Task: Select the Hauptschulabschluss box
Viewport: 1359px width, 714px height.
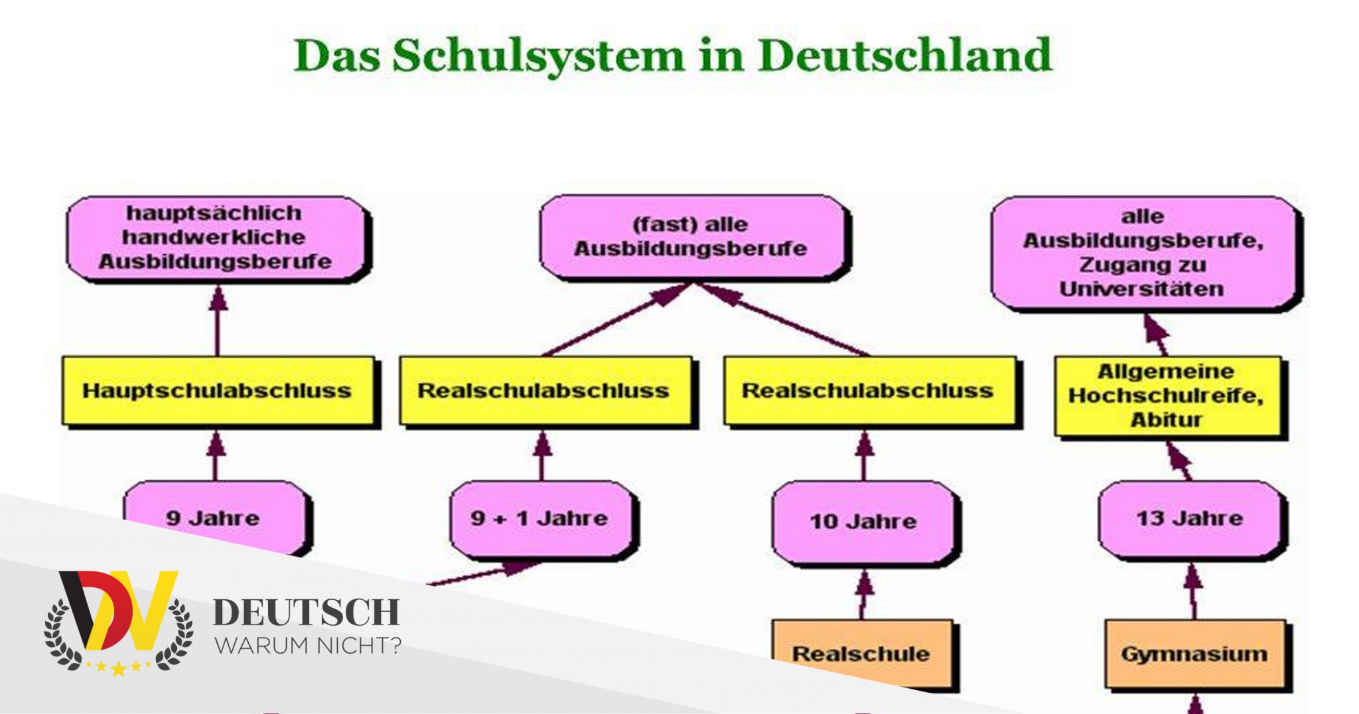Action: tap(218, 391)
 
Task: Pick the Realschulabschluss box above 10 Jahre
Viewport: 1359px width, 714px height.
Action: tap(869, 391)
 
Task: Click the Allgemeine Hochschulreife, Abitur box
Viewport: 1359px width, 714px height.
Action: tap(1168, 396)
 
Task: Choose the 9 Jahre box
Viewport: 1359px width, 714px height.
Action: tap(216, 518)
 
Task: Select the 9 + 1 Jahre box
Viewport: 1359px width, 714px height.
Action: tap(540, 518)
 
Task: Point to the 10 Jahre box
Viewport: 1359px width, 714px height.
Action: tap(863, 522)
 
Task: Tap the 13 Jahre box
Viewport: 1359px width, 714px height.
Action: tap(1190, 520)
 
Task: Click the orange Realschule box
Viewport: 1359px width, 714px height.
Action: tap(862, 654)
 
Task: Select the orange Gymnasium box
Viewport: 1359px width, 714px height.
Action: tap(1195, 654)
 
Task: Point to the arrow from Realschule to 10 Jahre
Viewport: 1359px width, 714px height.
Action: tap(863, 593)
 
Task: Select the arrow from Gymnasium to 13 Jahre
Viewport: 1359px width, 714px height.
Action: tap(1194, 591)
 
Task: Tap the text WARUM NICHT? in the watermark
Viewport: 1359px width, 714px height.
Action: tap(308, 645)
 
